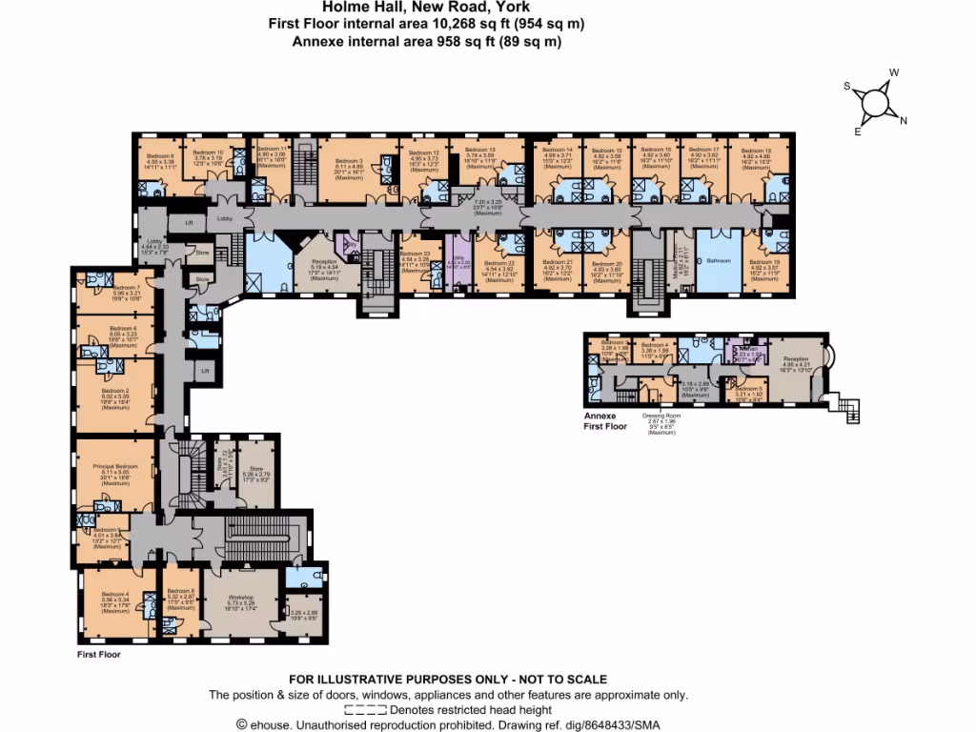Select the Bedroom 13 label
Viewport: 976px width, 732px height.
tap(478, 150)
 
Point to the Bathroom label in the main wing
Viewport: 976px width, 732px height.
tap(717, 259)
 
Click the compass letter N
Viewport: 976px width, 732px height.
tap(904, 120)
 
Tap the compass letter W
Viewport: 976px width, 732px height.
tap(893, 72)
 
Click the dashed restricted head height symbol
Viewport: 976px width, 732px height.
tap(364, 710)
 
